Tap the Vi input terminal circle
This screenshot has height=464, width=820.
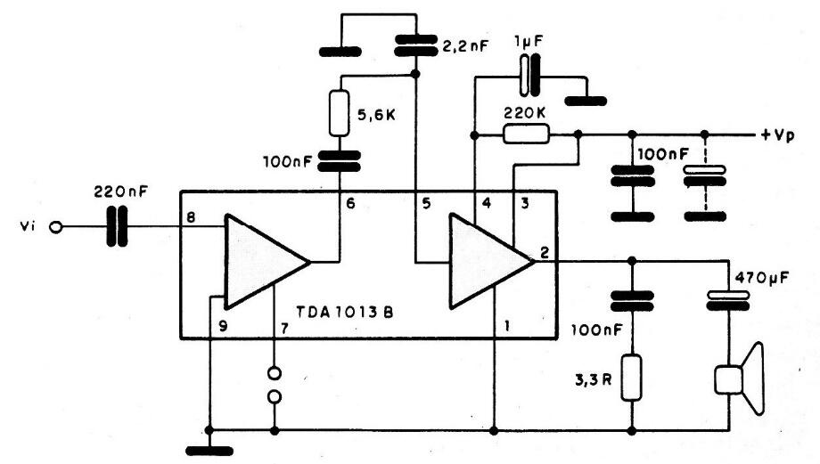pyautogui.click(x=56, y=228)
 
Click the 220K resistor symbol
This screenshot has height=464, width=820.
pyautogui.click(x=526, y=134)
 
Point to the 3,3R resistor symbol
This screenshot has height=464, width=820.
pyautogui.click(x=632, y=378)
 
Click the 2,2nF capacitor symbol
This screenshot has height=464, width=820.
pyautogui.click(x=415, y=44)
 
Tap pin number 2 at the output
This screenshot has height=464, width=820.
pyautogui.click(x=543, y=249)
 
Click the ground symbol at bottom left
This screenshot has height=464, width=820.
pyautogui.click(x=208, y=450)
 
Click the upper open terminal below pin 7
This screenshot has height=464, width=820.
pyautogui.click(x=275, y=372)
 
